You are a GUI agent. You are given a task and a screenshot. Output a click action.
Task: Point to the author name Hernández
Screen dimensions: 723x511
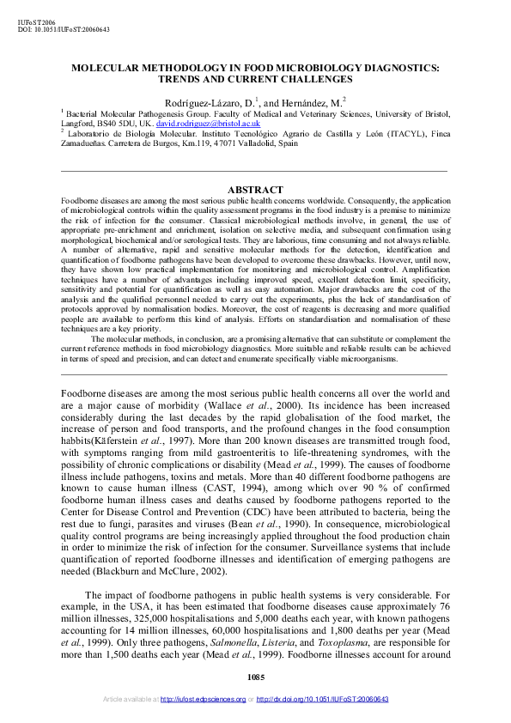313,101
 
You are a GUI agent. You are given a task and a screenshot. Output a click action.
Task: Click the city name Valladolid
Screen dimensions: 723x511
256,144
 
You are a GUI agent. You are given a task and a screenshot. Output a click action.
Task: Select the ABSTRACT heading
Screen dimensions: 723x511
255,190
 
